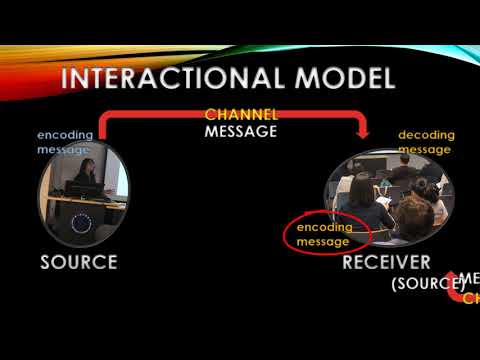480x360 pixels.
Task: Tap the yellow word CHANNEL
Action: (241, 115)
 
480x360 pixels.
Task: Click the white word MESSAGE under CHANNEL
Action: (241, 131)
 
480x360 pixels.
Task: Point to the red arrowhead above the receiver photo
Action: (365, 130)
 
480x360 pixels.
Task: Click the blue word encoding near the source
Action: (65, 135)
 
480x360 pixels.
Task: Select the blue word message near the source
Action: (63, 149)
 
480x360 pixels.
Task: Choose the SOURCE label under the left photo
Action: (79, 263)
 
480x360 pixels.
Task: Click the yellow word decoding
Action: (424, 135)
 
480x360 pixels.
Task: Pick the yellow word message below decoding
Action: (424, 149)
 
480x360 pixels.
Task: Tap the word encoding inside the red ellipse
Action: (325, 228)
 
